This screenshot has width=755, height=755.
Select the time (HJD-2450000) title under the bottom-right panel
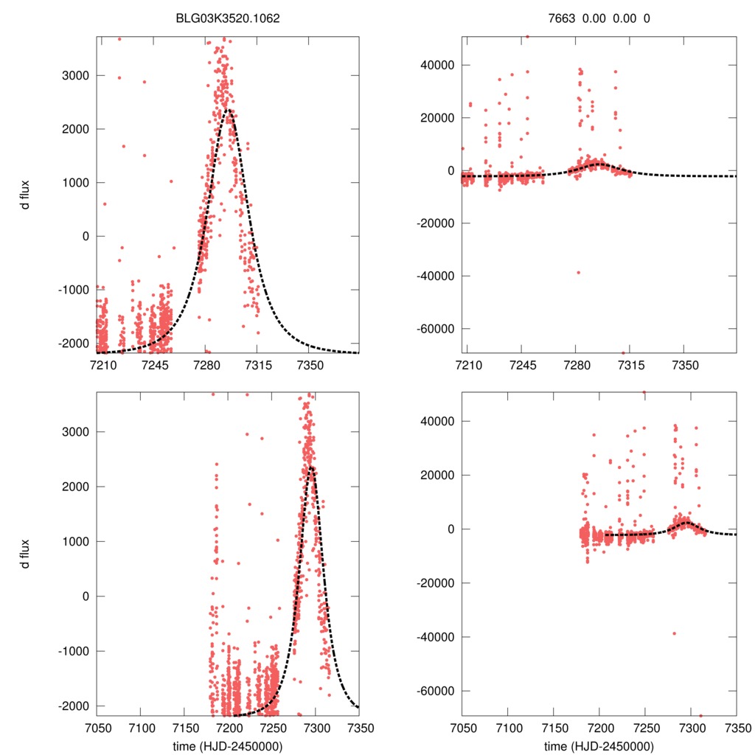(599, 746)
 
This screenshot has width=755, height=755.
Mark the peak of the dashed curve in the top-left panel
(229, 110)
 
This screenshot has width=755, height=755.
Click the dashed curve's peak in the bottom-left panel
(312, 467)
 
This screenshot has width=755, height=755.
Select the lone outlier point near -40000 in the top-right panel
(578, 272)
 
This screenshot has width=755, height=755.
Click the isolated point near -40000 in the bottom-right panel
(674, 633)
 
